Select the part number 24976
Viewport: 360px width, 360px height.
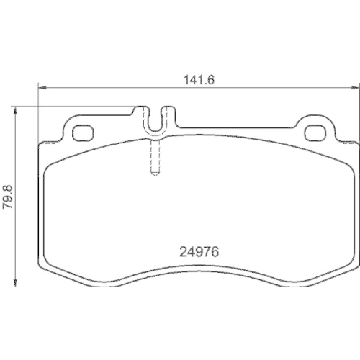coord(198,253)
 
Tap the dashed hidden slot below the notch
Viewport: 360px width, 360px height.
coord(155,157)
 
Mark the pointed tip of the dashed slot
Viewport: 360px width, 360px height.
coord(155,177)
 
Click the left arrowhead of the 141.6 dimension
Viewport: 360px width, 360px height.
coord(40,88)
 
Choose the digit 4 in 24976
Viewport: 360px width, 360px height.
coord(189,253)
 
